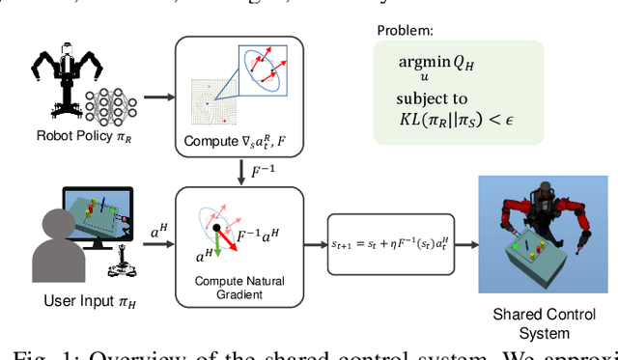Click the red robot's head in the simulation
(x=533, y=189)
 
